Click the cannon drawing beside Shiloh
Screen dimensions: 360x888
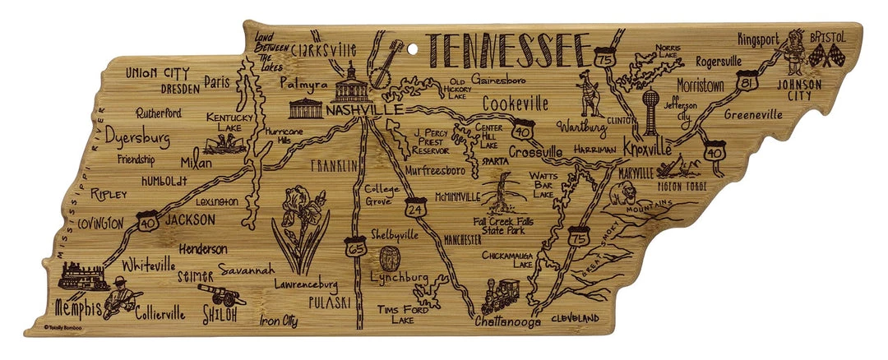click(221, 294)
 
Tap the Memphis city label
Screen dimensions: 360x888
click(78, 309)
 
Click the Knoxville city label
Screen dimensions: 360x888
click(648, 149)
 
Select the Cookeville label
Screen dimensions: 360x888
click(515, 104)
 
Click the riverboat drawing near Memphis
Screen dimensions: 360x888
click(81, 276)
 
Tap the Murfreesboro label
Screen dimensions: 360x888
click(444, 170)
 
